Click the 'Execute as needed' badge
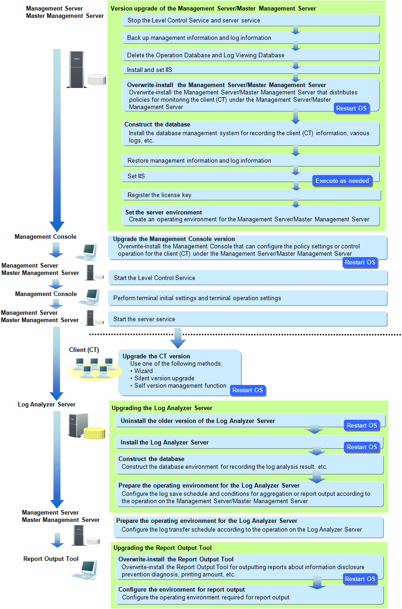(343, 181)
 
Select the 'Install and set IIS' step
(251, 70)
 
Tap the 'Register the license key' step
(251, 195)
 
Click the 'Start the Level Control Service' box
(248, 278)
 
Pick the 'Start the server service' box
(248, 319)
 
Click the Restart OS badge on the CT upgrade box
(248, 390)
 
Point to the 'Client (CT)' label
(84, 350)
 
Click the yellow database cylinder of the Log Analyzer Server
(94, 433)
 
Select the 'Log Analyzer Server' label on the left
(47, 404)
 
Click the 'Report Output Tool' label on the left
(51, 559)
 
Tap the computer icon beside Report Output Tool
(85, 570)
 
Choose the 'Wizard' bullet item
(142, 371)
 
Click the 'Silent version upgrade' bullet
(162, 378)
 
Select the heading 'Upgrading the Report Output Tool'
(162, 548)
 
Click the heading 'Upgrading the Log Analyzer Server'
(162, 408)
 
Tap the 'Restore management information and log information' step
(251, 160)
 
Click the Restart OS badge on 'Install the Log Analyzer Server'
(362, 447)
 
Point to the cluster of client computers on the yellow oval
(95, 368)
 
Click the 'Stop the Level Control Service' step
(251, 20)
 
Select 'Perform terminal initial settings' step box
(248, 298)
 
